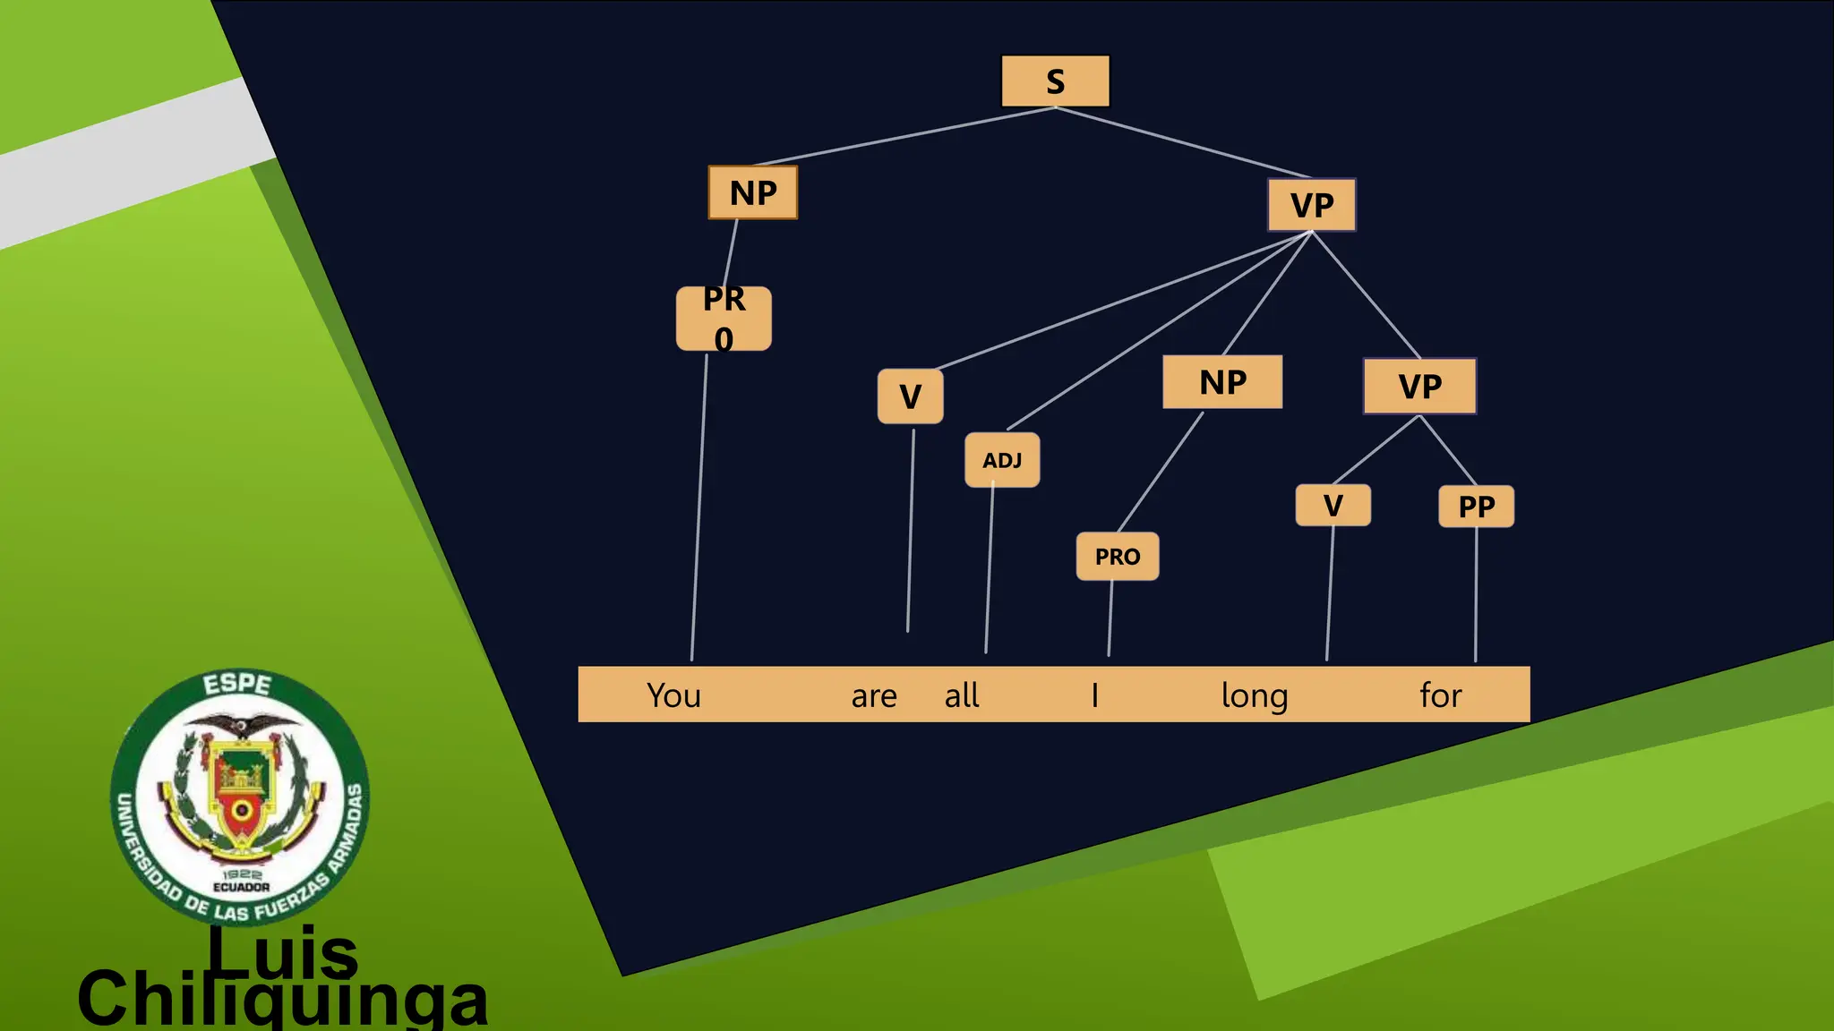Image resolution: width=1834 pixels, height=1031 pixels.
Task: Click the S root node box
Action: point(1055,81)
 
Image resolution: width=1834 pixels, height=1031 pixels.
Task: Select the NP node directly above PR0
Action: point(753,192)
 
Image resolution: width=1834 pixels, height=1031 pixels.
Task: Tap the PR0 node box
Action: point(724,319)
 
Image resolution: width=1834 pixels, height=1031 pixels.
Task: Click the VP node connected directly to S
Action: point(1312,205)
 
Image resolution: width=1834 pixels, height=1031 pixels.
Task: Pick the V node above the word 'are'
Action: point(910,396)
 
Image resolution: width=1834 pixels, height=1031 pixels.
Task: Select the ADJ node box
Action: point(1002,460)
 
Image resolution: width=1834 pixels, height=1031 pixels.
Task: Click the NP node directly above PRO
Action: point(1222,382)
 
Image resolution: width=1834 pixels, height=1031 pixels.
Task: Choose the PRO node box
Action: point(1118,557)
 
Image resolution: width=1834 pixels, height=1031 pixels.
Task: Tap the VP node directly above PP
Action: point(1419,387)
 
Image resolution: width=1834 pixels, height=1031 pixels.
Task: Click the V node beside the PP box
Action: point(1333,506)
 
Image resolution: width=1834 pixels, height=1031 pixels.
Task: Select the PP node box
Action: point(1476,507)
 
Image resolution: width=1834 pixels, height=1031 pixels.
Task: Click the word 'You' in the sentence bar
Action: point(673,695)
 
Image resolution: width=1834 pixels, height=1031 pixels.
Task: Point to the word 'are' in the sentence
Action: point(874,696)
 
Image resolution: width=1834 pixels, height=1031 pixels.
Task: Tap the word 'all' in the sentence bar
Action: point(962,695)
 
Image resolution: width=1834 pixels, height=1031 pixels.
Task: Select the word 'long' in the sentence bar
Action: point(1255,696)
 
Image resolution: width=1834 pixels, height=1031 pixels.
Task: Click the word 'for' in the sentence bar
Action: point(1440,695)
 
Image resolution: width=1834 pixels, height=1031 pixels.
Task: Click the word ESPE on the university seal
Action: point(237,685)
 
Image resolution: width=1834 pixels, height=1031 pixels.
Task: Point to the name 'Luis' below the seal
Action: point(283,952)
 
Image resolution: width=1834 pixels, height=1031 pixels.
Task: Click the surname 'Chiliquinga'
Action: point(283,1001)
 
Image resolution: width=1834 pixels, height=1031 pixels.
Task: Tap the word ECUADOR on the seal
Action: point(241,887)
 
